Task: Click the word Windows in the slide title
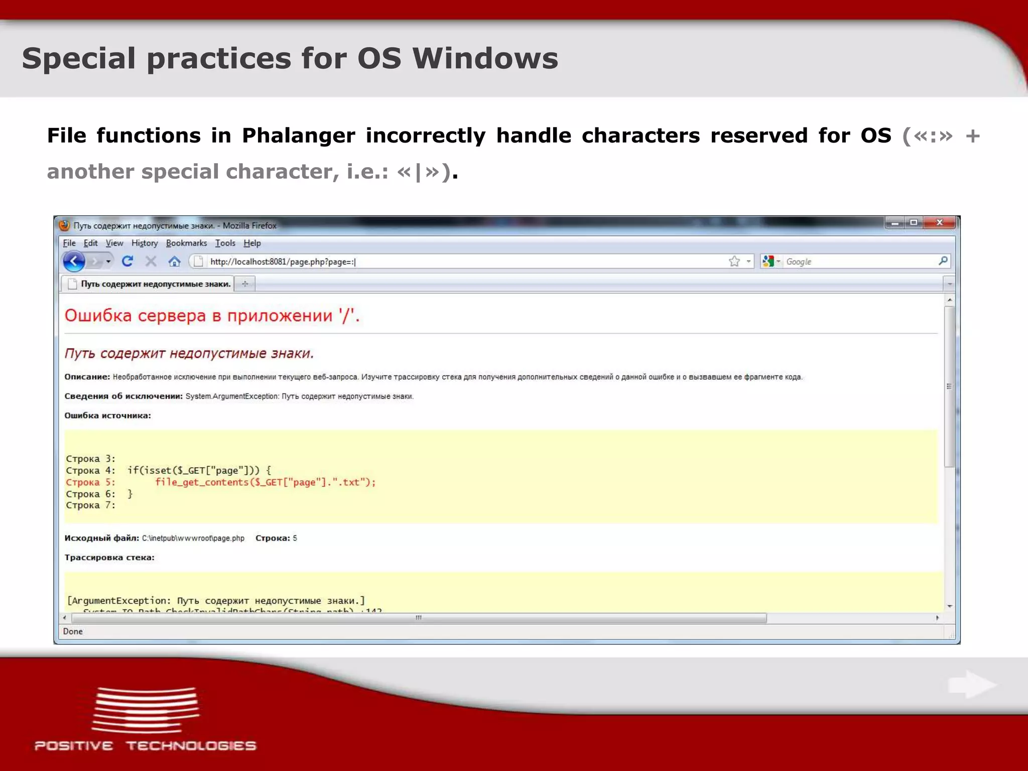coord(485,58)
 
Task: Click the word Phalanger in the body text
coord(298,136)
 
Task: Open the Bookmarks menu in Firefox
coord(186,243)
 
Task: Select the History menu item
coord(145,243)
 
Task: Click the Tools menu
coord(225,243)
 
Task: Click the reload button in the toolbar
coord(127,261)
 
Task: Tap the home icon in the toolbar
coord(174,261)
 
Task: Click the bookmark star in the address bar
coord(734,261)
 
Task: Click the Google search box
coord(858,262)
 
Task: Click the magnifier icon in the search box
coord(943,261)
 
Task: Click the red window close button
coord(940,222)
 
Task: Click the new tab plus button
coord(245,284)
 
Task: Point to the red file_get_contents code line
coord(265,482)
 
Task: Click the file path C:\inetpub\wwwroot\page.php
coord(193,538)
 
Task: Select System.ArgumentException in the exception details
coord(232,397)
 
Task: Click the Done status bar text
coord(73,631)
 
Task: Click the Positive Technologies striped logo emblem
coord(145,710)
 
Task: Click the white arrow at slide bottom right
coord(972,685)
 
